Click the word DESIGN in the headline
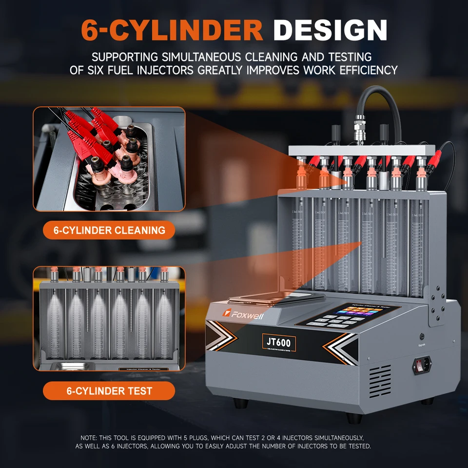[330, 30]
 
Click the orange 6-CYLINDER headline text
[172, 30]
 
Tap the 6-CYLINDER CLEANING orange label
[109, 230]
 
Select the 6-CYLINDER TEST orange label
[109, 390]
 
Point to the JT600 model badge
[278, 342]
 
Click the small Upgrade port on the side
[422, 336]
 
